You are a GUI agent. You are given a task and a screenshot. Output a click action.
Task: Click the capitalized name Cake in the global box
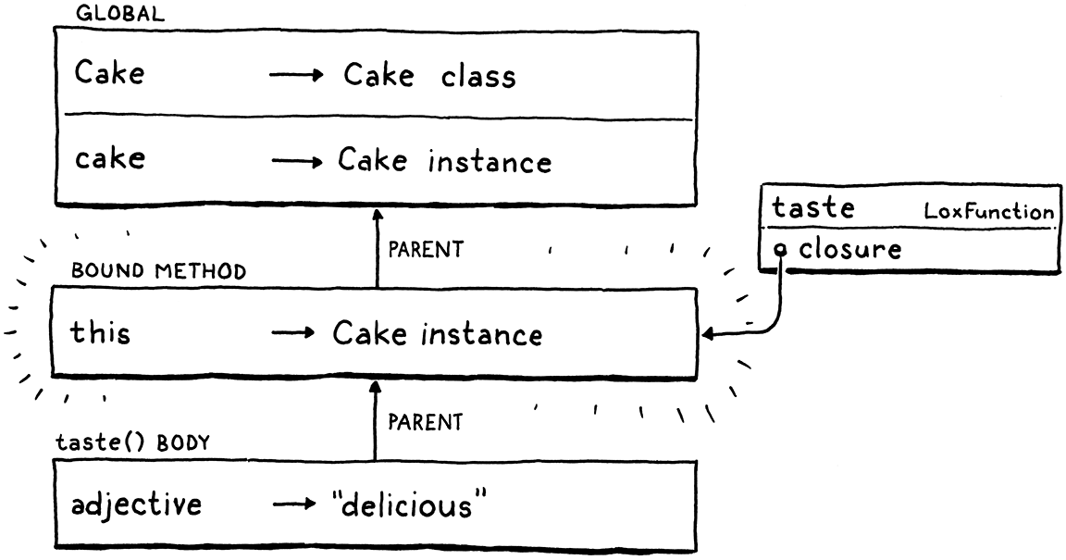(x=109, y=73)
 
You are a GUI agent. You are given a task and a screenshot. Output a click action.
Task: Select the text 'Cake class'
(x=429, y=76)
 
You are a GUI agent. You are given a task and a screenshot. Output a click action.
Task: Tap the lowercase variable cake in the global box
(x=109, y=158)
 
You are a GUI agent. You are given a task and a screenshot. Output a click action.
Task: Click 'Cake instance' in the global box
(x=443, y=161)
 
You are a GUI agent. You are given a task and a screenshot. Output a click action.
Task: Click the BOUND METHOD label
(x=158, y=272)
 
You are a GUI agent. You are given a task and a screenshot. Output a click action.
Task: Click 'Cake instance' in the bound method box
(x=437, y=333)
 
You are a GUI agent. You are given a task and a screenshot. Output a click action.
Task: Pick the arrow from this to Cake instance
(x=294, y=335)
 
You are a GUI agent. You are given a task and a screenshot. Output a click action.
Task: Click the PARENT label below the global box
(x=425, y=251)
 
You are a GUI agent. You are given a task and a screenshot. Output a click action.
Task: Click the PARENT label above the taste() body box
(x=425, y=423)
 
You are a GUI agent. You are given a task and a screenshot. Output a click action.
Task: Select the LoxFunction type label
(x=988, y=213)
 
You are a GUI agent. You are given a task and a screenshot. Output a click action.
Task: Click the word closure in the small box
(x=850, y=249)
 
